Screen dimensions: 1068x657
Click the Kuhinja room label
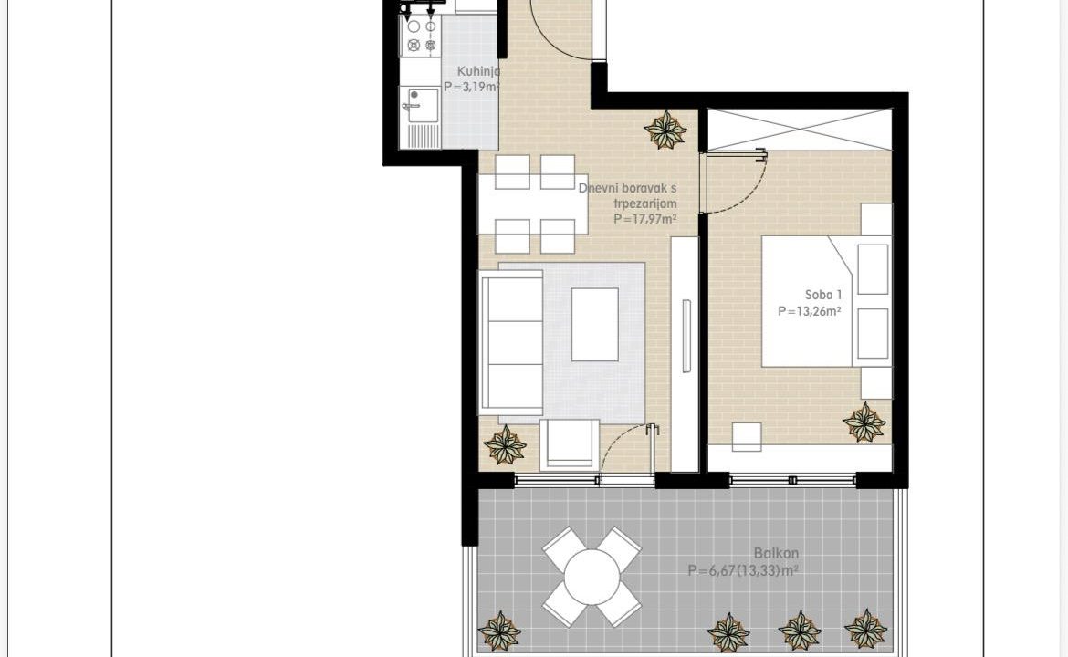(479, 71)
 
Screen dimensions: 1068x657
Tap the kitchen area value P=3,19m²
(472, 87)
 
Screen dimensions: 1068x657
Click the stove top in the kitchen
(421, 36)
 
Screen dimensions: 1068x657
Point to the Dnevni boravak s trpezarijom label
(627, 195)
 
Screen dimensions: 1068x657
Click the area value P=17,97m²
(645, 219)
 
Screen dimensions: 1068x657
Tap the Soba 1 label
(823, 295)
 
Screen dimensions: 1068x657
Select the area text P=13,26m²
(809, 311)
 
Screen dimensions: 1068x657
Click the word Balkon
(776, 554)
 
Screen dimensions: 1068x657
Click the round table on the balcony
(592, 577)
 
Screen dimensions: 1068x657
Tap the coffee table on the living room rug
(594, 324)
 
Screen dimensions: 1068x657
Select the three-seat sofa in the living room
(511, 342)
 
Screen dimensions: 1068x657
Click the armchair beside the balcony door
(570, 444)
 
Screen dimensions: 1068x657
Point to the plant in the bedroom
(864, 422)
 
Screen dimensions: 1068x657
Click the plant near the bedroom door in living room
(665, 130)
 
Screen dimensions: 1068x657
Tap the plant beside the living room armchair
(505, 445)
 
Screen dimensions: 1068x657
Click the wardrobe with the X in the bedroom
(800, 130)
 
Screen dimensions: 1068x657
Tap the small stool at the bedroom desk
(747, 436)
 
